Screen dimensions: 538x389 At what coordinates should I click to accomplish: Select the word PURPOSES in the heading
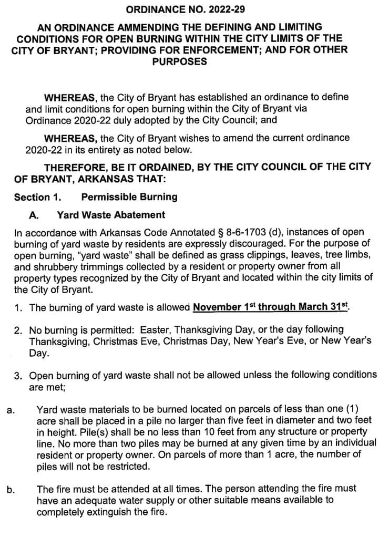click(x=179, y=61)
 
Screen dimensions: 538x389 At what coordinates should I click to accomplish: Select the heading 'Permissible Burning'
click(x=129, y=198)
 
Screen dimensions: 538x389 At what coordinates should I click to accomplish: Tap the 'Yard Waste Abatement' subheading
click(x=111, y=215)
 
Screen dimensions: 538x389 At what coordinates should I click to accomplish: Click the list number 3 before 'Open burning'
click(x=17, y=376)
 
